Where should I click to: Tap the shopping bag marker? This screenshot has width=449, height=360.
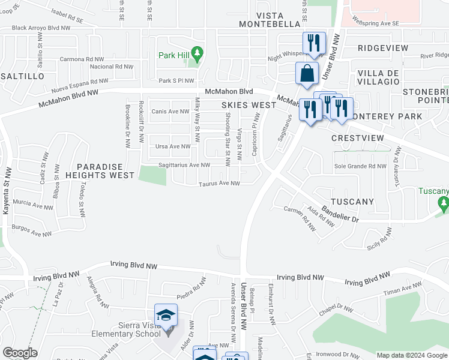pos(307,73)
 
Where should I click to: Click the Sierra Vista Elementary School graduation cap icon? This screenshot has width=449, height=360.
pos(166,314)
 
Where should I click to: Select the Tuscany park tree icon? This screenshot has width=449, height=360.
pos(444,205)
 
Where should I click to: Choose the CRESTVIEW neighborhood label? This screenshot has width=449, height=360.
pos(357,137)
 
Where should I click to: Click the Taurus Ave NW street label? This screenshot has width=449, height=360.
pos(220,184)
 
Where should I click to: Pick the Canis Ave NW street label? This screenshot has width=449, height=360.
pos(170,111)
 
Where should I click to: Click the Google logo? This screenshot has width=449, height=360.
pos(20,353)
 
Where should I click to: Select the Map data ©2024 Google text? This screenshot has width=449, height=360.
pos(411,355)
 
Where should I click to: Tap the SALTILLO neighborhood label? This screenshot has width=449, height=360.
pos(23,77)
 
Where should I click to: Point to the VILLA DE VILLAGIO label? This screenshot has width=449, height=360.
pos(378,77)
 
